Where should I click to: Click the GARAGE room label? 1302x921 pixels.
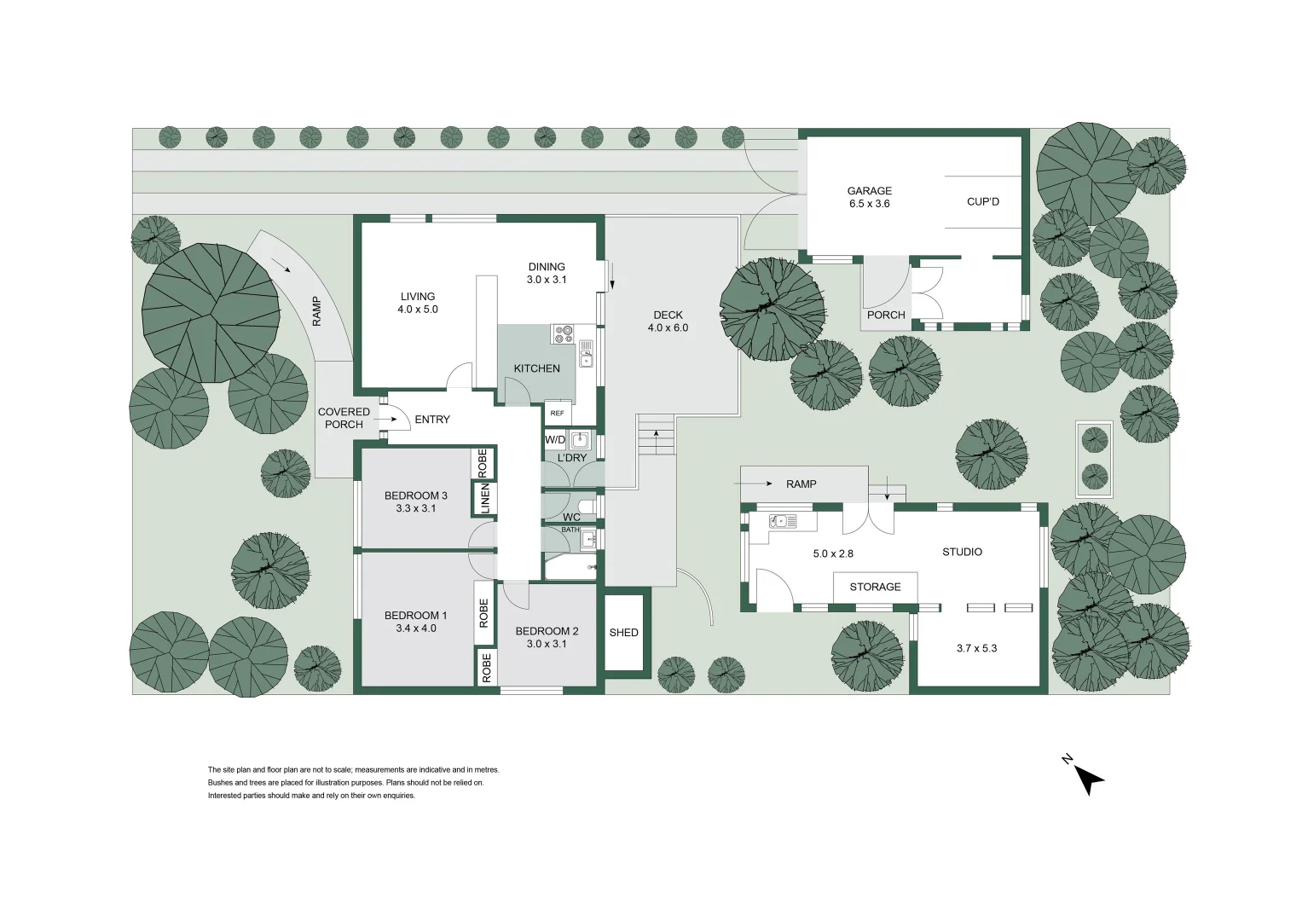pyautogui.click(x=869, y=191)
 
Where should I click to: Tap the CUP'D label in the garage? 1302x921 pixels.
pyautogui.click(x=983, y=202)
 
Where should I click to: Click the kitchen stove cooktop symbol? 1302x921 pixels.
pyautogui.click(x=564, y=334)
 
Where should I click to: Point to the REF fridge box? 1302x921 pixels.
pyautogui.click(x=557, y=413)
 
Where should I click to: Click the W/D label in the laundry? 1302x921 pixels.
pyautogui.click(x=555, y=439)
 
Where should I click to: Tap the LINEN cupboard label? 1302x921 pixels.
pyautogui.click(x=485, y=498)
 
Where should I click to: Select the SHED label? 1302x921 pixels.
pyautogui.click(x=623, y=632)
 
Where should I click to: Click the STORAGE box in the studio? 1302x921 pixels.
pyautogui.click(x=876, y=588)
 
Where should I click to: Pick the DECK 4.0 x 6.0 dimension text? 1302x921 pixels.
pyautogui.click(x=668, y=327)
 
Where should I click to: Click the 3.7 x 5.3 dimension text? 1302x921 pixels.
pyautogui.click(x=976, y=648)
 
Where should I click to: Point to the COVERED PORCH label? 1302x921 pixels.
pyautogui.click(x=344, y=418)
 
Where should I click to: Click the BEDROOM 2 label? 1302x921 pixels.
pyautogui.click(x=547, y=631)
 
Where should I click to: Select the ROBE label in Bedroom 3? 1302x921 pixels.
pyautogui.click(x=483, y=463)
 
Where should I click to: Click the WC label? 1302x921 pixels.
pyautogui.click(x=571, y=517)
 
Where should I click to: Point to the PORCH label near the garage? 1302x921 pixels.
pyautogui.click(x=886, y=315)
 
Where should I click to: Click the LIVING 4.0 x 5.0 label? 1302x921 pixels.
pyautogui.click(x=417, y=303)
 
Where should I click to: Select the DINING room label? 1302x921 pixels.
pyautogui.click(x=547, y=267)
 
